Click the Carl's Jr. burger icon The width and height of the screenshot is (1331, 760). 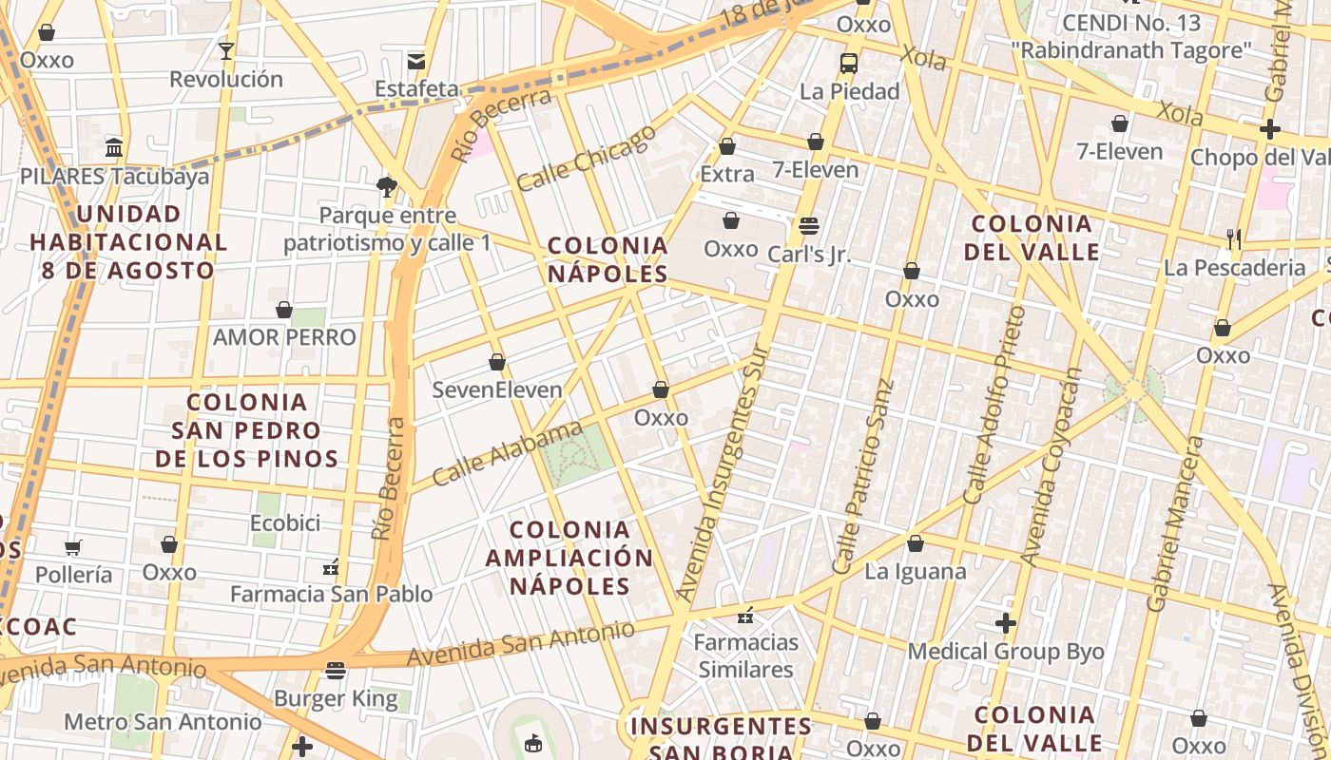click(x=809, y=226)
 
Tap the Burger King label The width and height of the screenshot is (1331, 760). click(x=336, y=699)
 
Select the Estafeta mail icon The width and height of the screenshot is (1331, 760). click(x=416, y=62)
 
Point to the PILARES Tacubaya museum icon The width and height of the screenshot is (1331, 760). click(x=114, y=147)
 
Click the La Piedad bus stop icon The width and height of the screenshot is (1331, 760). click(x=849, y=64)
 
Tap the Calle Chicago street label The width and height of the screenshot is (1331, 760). click(x=587, y=158)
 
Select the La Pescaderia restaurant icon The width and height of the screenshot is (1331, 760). click(x=1234, y=238)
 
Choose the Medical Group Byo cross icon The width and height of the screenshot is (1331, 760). click(x=1006, y=623)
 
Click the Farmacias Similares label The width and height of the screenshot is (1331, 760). click(x=746, y=655)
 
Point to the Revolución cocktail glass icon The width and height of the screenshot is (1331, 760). click(x=226, y=50)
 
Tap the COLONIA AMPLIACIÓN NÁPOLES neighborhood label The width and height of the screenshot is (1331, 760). click(x=569, y=558)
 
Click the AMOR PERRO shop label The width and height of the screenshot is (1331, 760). click(x=284, y=337)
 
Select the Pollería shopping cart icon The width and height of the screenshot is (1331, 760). click(x=73, y=546)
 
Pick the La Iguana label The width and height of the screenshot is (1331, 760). click(x=915, y=571)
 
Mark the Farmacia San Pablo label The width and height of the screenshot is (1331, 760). click(x=331, y=594)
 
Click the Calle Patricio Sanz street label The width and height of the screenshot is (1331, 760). click(x=862, y=477)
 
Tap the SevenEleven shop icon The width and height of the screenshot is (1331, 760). click(x=496, y=362)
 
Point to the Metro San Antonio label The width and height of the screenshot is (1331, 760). click(x=163, y=722)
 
